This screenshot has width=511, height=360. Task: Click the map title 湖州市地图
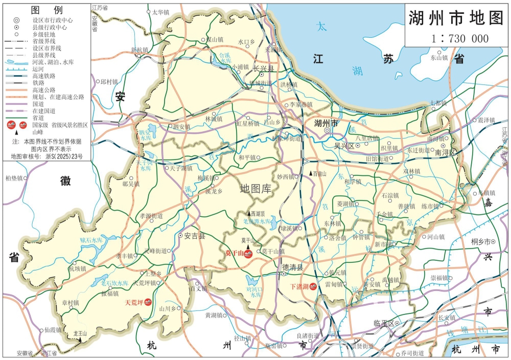point(456,18)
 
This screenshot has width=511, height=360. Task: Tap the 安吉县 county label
point(194,236)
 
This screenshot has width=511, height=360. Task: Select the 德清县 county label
point(292,267)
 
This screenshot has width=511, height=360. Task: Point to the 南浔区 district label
point(445,152)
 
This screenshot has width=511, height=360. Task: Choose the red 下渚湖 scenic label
point(299,287)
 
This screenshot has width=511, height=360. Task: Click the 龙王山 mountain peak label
point(81,333)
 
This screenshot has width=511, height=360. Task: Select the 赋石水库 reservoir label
point(91,240)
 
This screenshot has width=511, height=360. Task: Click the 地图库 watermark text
point(256,189)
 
